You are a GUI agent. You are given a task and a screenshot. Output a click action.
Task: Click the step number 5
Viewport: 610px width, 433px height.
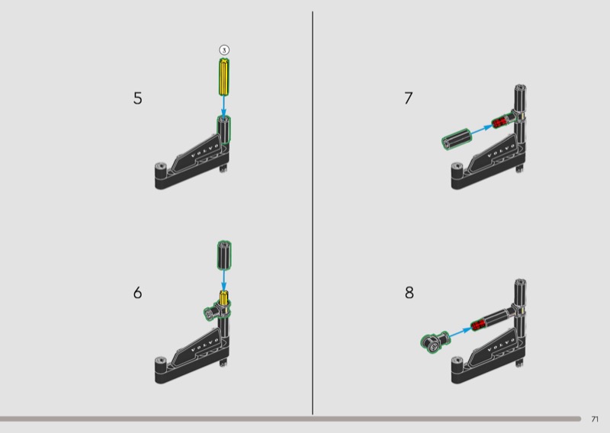pos(138,98)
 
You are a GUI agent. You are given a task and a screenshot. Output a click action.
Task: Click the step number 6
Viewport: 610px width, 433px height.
pos(138,293)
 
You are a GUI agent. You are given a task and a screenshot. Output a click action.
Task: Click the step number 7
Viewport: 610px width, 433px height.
pos(408,98)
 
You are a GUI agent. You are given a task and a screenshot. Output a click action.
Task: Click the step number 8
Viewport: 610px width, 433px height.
pos(409,293)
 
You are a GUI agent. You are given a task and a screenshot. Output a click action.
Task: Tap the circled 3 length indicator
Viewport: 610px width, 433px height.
pos(224,50)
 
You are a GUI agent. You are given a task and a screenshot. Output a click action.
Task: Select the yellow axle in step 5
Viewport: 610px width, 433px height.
pos(223,77)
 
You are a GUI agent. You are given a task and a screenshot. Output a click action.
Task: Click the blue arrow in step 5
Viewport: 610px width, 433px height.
pos(223,106)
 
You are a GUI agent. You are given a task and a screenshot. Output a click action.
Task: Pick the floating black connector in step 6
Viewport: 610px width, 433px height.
pos(224,255)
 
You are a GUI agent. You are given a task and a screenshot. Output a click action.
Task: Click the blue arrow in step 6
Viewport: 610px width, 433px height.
pos(224,280)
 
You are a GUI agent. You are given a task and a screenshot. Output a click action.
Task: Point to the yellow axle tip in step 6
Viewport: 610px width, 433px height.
pos(223,297)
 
